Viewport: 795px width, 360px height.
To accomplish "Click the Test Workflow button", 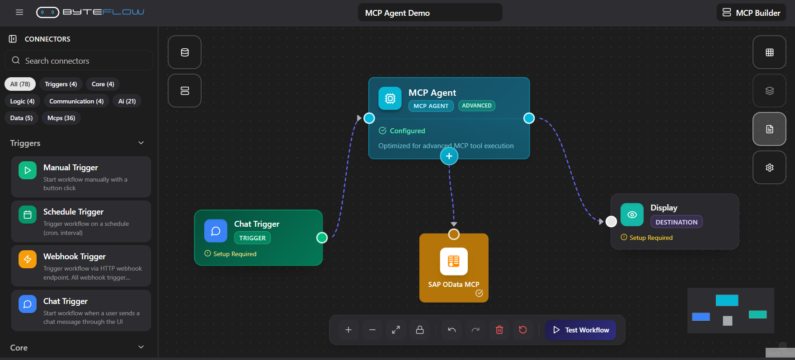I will click(x=581, y=330).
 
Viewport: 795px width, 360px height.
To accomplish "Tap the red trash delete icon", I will click(x=499, y=330).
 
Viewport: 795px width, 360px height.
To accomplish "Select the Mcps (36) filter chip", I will click(x=61, y=118).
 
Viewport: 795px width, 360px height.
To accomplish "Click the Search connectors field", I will click(x=79, y=61).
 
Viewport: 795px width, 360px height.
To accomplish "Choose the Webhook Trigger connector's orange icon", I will click(x=28, y=259).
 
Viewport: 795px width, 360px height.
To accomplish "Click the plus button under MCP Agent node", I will click(x=449, y=156).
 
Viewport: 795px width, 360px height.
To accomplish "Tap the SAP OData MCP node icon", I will click(x=454, y=262).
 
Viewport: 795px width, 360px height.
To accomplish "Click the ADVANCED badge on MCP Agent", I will click(x=477, y=106).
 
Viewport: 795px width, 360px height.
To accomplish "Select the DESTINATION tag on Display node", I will click(x=676, y=222).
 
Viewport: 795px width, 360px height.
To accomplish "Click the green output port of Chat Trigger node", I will click(x=322, y=238).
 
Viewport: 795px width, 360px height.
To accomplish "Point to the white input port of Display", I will click(x=611, y=222).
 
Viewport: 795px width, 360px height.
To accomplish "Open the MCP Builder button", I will click(x=751, y=13).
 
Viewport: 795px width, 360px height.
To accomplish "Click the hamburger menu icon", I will click(x=19, y=12).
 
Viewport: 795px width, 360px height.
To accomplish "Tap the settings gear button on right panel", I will click(x=769, y=168).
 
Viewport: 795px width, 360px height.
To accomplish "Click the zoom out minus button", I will click(x=372, y=330).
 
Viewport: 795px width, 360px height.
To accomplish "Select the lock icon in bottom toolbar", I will click(x=420, y=330).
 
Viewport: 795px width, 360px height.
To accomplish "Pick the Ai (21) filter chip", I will click(x=127, y=101).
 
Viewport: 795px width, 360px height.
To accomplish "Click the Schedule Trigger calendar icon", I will click(x=28, y=215).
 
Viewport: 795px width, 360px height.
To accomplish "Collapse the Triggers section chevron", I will click(x=141, y=143).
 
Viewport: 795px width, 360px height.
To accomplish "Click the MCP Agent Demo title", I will click(x=430, y=13).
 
